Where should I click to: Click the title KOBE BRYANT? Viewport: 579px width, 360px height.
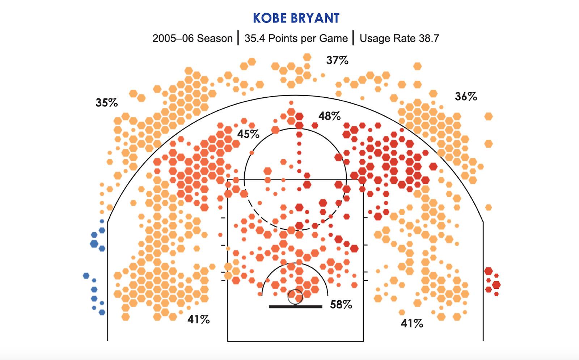click(x=296, y=18)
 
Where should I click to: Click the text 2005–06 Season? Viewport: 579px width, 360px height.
click(x=192, y=38)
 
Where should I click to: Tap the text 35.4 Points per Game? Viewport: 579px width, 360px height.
click(x=296, y=38)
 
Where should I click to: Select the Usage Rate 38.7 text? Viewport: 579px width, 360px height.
click(x=399, y=38)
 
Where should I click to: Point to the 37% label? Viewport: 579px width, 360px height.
click(x=337, y=60)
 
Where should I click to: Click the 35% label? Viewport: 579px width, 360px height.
click(x=107, y=103)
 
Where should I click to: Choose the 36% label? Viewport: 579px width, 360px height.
click(x=466, y=97)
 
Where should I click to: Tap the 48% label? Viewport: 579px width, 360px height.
click(x=329, y=116)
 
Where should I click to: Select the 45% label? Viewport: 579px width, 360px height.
click(x=248, y=134)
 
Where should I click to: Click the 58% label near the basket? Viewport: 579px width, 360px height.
click(x=341, y=305)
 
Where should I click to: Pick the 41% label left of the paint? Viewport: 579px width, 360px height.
click(x=199, y=319)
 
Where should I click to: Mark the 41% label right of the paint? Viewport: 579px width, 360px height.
click(x=412, y=323)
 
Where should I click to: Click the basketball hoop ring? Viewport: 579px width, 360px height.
click(x=295, y=297)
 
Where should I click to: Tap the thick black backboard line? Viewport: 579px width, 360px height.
click(x=295, y=307)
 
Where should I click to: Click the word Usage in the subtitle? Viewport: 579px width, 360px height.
click(x=374, y=38)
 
